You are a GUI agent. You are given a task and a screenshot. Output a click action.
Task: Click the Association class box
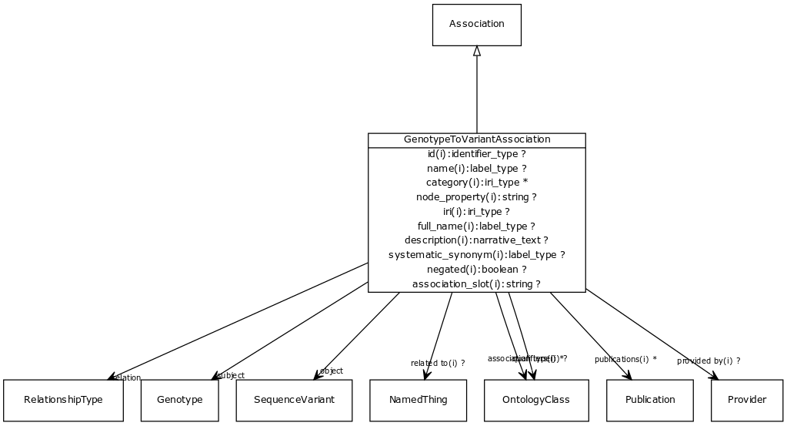tap(476, 24)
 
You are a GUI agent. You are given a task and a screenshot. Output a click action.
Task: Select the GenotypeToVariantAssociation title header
tap(476, 139)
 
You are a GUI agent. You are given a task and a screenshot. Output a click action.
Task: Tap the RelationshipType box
tap(63, 400)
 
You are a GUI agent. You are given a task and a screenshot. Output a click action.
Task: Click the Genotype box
tap(179, 400)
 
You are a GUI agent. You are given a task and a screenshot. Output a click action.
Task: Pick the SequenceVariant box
tap(295, 400)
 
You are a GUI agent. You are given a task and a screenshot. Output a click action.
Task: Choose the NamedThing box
tap(418, 400)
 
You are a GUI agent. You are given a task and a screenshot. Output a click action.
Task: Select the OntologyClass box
tap(535, 400)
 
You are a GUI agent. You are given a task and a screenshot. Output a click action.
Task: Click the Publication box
tap(650, 400)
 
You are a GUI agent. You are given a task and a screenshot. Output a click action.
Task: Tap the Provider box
tap(747, 400)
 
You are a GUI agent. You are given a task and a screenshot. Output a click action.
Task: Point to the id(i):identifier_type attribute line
tap(476, 154)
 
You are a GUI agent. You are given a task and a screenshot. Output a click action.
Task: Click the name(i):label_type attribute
tap(476, 168)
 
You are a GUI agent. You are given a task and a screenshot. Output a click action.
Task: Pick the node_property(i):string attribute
tap(476, 197)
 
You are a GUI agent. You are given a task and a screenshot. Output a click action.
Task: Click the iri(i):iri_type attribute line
tap(476, 212)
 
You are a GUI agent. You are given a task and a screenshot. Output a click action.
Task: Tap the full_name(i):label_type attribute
tap(476, 226)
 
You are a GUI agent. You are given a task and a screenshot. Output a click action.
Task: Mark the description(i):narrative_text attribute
tap(476, 240)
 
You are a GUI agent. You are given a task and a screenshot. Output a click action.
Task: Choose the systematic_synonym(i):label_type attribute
tap(476, 255)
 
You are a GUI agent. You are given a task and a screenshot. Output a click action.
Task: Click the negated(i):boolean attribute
tap(476, 270)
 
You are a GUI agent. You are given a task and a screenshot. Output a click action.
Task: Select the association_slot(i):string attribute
tap(476, 284)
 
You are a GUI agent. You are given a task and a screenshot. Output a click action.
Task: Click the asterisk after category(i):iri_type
tap(525, 183)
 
